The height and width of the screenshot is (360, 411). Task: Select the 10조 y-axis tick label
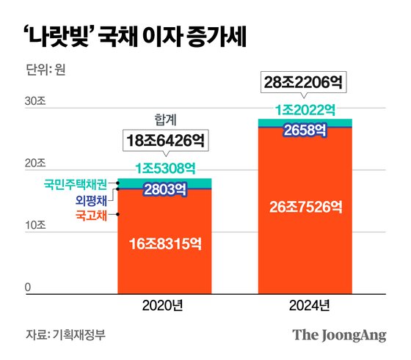point(34,227)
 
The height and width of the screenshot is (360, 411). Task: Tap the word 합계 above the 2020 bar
point(164,117)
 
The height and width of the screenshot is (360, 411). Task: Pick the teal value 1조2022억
point(304,110)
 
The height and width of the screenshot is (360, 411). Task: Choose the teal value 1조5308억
point(164,167)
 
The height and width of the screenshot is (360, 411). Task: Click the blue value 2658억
point(304,131)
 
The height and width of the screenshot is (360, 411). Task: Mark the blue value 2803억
point(164,190)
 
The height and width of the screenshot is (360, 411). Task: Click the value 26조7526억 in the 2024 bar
point(304,207)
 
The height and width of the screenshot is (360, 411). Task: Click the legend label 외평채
point(91,199)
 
